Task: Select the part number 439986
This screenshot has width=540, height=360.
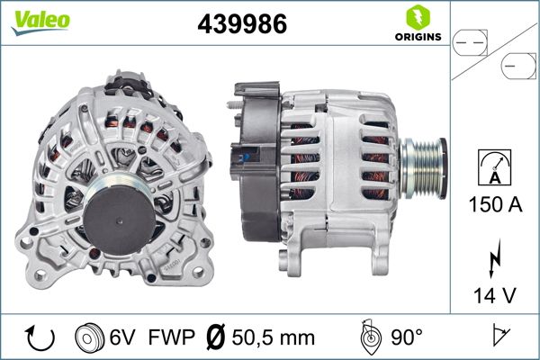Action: coord(242,25)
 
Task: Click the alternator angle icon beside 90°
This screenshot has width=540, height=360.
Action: coord(370,337)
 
